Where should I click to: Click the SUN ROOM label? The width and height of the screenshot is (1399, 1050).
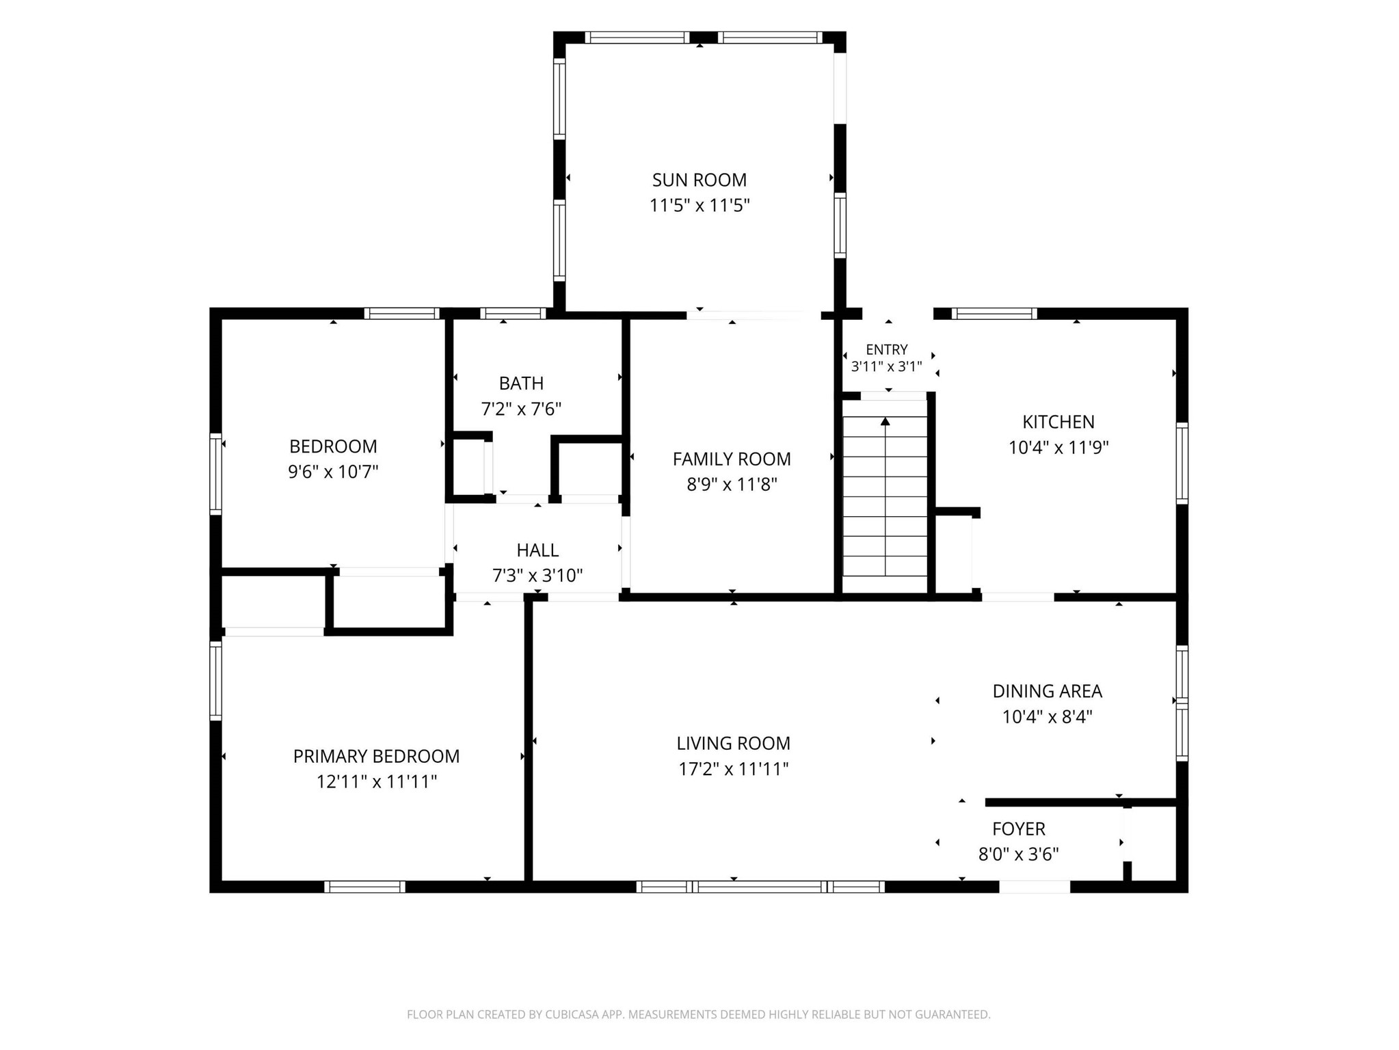[699, 180]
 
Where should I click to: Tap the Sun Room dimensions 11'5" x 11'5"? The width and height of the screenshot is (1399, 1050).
[699, 205]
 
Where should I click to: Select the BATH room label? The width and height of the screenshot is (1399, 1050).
[521, 383]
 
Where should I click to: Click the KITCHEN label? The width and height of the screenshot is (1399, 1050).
[1058, 422]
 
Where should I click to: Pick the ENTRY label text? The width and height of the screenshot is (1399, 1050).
[887, 350]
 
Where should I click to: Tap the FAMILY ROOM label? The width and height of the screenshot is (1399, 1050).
[732, 459]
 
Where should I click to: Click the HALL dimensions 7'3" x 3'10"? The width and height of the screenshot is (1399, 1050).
[537, 576]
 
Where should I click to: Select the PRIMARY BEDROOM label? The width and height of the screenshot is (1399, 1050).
[376, 756]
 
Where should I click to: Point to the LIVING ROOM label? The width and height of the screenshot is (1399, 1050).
[733, 743]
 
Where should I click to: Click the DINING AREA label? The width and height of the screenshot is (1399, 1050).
[1047, 691]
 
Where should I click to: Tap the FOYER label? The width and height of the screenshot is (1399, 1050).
[1019, 829]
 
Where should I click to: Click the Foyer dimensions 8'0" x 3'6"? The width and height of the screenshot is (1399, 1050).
[1019, 854]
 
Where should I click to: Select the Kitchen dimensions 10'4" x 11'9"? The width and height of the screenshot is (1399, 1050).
[1058, 448]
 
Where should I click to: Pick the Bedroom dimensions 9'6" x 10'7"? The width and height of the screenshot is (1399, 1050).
[333, 472]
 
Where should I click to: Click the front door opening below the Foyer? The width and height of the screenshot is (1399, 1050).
[1035, 887]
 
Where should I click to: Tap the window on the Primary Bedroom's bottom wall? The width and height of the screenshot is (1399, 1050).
[364, 887]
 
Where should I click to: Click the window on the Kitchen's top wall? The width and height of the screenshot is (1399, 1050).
[994, 314]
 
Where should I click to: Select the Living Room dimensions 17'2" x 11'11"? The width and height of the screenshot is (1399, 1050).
[733, 769]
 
